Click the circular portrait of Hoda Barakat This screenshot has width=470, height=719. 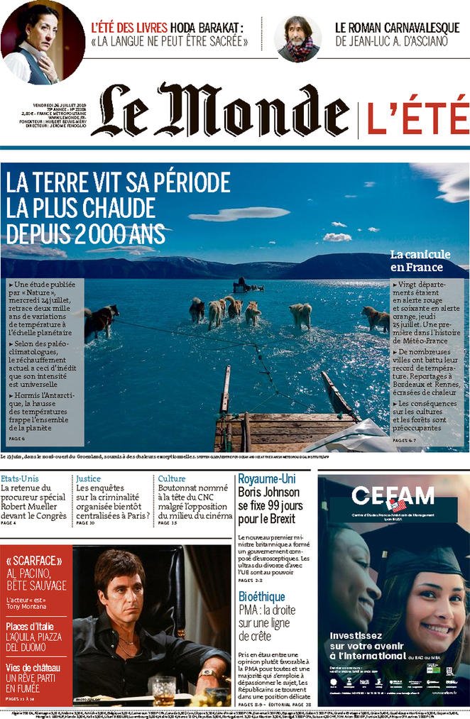pyautogui.click(x=41, y=40)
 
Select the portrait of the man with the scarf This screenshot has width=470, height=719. pyautogui.click(x=298, y=38)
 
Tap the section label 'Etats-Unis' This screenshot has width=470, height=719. pyautogui.click(x=20, y=479)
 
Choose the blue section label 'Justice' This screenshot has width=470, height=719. pyautogui.click(x=88, y=479)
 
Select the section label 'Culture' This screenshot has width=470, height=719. pyautogui.click(x=171, y=479)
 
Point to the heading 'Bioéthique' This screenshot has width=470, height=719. pyautogui.click(x=262, y=597)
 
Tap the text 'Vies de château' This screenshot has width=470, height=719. pyautogui.click(x=33, y=668)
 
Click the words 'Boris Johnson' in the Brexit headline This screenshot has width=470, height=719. pyautogui.click(x=269, y=493)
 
